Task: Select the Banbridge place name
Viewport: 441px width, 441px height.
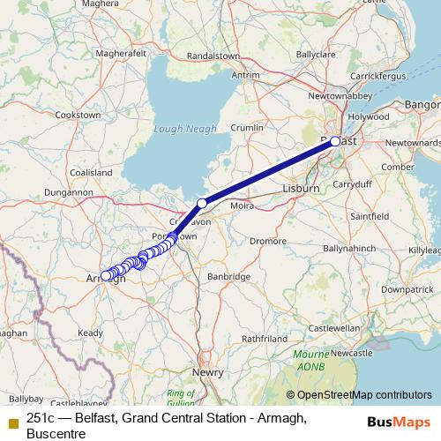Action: (228, 276)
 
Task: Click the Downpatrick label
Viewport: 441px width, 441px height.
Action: (407, 288)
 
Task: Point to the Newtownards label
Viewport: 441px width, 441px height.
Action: (413, 142)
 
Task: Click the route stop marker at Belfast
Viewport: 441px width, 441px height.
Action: (335, 141)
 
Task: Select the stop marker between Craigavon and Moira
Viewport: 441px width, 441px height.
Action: (202, 204)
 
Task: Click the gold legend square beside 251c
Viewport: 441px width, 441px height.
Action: (12, 421)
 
